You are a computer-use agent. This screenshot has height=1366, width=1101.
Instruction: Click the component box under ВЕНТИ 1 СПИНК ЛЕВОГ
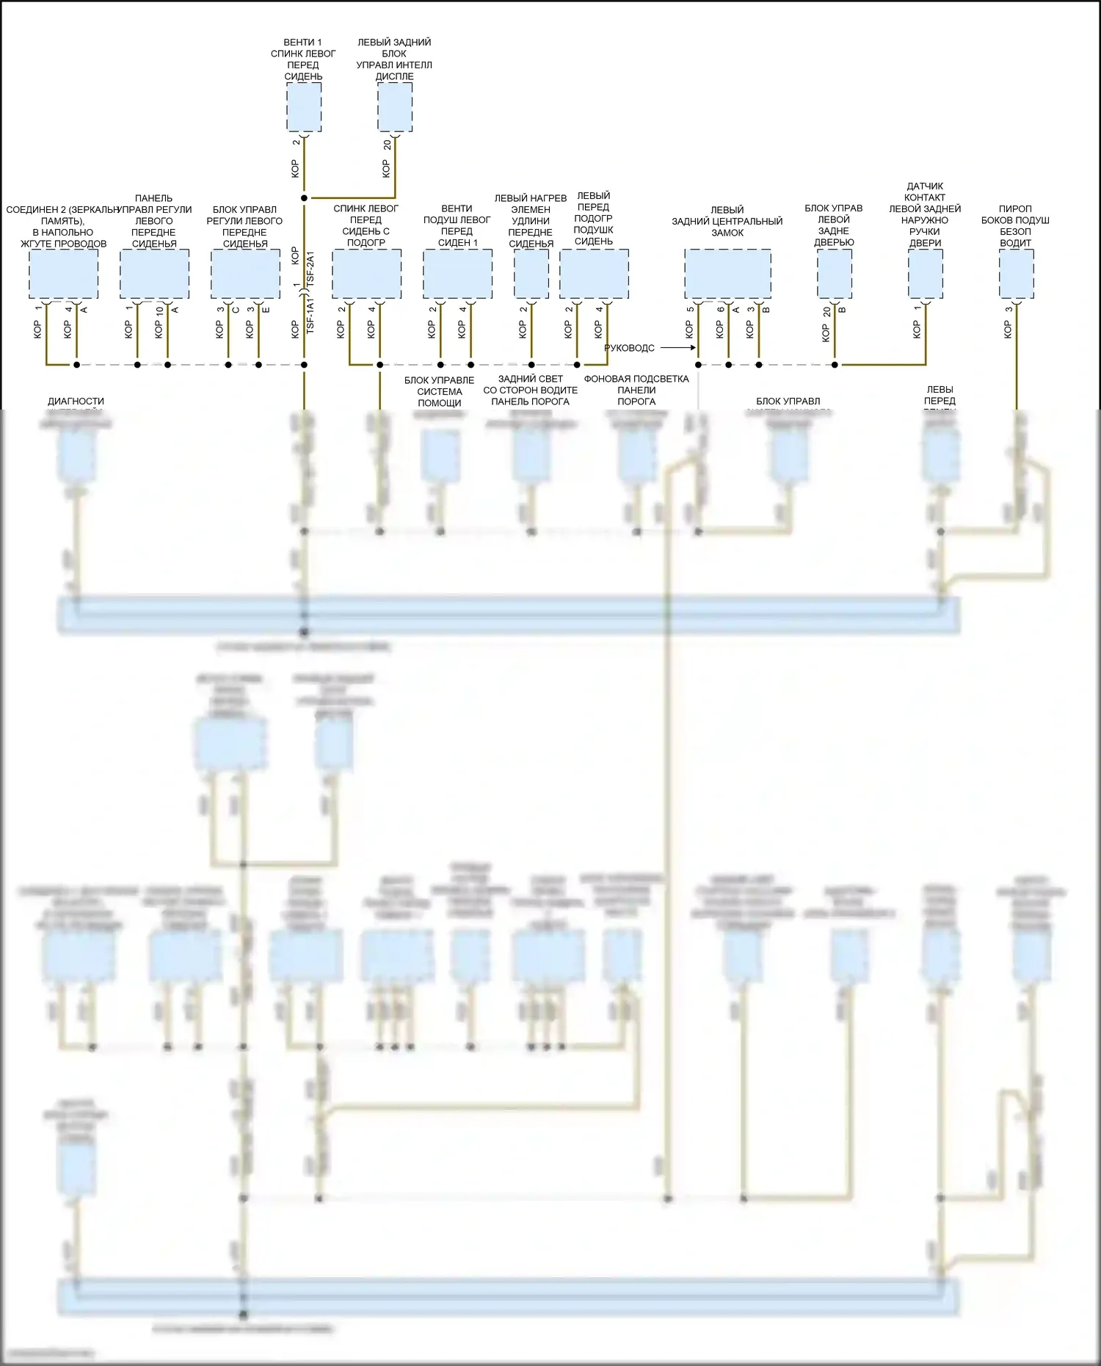[303, 107]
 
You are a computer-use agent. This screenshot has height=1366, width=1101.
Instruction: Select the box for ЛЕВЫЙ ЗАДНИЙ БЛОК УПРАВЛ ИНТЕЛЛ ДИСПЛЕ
[395, 107]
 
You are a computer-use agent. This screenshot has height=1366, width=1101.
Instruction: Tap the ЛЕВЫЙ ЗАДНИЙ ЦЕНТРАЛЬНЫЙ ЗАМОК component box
[727, 274]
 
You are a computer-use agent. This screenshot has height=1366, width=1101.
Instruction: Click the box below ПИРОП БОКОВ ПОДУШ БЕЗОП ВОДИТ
[1016, 274]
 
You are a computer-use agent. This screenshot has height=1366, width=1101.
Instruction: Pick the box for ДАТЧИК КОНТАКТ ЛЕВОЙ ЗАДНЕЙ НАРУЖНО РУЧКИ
[925, 274]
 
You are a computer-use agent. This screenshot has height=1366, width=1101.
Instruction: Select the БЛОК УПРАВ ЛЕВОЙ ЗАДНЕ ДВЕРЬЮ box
[835, 274]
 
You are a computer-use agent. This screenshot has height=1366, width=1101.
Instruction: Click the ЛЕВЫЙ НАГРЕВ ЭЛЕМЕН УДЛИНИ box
[531, 274]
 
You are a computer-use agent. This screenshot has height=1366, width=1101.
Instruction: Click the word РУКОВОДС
[629, 349]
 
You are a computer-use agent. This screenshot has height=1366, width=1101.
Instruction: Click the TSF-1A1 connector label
[310, 316]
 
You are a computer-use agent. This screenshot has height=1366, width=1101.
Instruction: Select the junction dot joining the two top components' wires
[304, 198]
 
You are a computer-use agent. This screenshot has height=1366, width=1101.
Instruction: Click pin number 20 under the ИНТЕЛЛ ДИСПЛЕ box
[387, 145]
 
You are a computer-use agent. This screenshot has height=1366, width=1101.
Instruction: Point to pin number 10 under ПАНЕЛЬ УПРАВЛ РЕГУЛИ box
[159, 310]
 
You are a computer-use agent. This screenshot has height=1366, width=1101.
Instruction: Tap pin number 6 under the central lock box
[720, 310]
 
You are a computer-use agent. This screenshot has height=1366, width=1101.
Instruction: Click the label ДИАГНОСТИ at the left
[76, 402]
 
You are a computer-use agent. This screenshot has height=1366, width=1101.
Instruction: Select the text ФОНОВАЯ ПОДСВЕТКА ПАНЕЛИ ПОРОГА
[636, 390]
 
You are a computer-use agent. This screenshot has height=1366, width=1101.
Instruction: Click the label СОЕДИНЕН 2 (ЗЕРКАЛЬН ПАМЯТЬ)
[63, 215]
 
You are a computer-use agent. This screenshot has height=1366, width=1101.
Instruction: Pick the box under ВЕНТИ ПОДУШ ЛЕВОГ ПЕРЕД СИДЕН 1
[457, 274]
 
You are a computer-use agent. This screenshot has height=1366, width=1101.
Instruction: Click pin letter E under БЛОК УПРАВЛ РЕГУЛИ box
[266, 310]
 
